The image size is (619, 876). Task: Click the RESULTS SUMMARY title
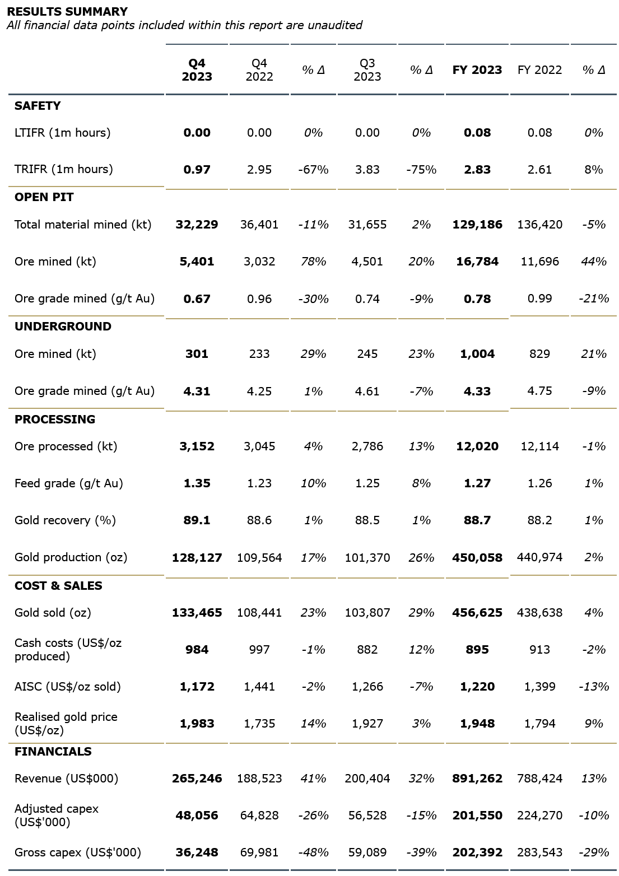pyautogui.click(x=67, y=11)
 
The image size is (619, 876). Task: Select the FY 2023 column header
pyautogui.click(x=477, y=70)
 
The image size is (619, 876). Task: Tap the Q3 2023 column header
pyautogui.click(x=367, y=70)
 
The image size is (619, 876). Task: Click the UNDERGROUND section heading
pyautogui.click(x=63, y=327)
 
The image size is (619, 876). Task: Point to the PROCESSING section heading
pyautogui.click(x=55, y=420)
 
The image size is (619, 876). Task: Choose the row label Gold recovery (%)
pyautogui.click(x=65, y=520)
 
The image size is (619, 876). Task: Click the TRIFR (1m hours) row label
pyautogui.click(x=63, y=169)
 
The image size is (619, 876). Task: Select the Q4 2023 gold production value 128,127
pyautogui.click(x=197, y=558)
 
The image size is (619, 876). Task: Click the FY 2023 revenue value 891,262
pyautogui.click(x=477, y=779)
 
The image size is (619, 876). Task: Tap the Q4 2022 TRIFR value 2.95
pyautogui.click(x=259, y=169)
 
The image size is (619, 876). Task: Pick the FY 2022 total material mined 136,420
pyautogui.click(x=539, y=225)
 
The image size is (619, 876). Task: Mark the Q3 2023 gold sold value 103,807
pyautogui.click(x=367, y=613)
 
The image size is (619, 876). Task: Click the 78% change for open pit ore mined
pyautogui.click(x=313, y=262)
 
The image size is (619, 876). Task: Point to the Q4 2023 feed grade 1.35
pyautogui.click(x=197, y=483)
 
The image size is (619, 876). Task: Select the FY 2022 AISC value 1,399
pyautogui.click(x=539, y=687)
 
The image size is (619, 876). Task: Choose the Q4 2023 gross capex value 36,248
pyautogui.click(x=197, y=852)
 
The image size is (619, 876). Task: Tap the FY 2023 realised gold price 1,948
pyautogui.click(x=477, y=724)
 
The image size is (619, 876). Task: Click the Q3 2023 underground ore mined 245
pyautogui.click(x=367, y=354)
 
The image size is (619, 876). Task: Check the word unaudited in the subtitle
pyautogui.click(x=337, y=25)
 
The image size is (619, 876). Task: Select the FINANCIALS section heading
pyautogui.click(x=53, y=752)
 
